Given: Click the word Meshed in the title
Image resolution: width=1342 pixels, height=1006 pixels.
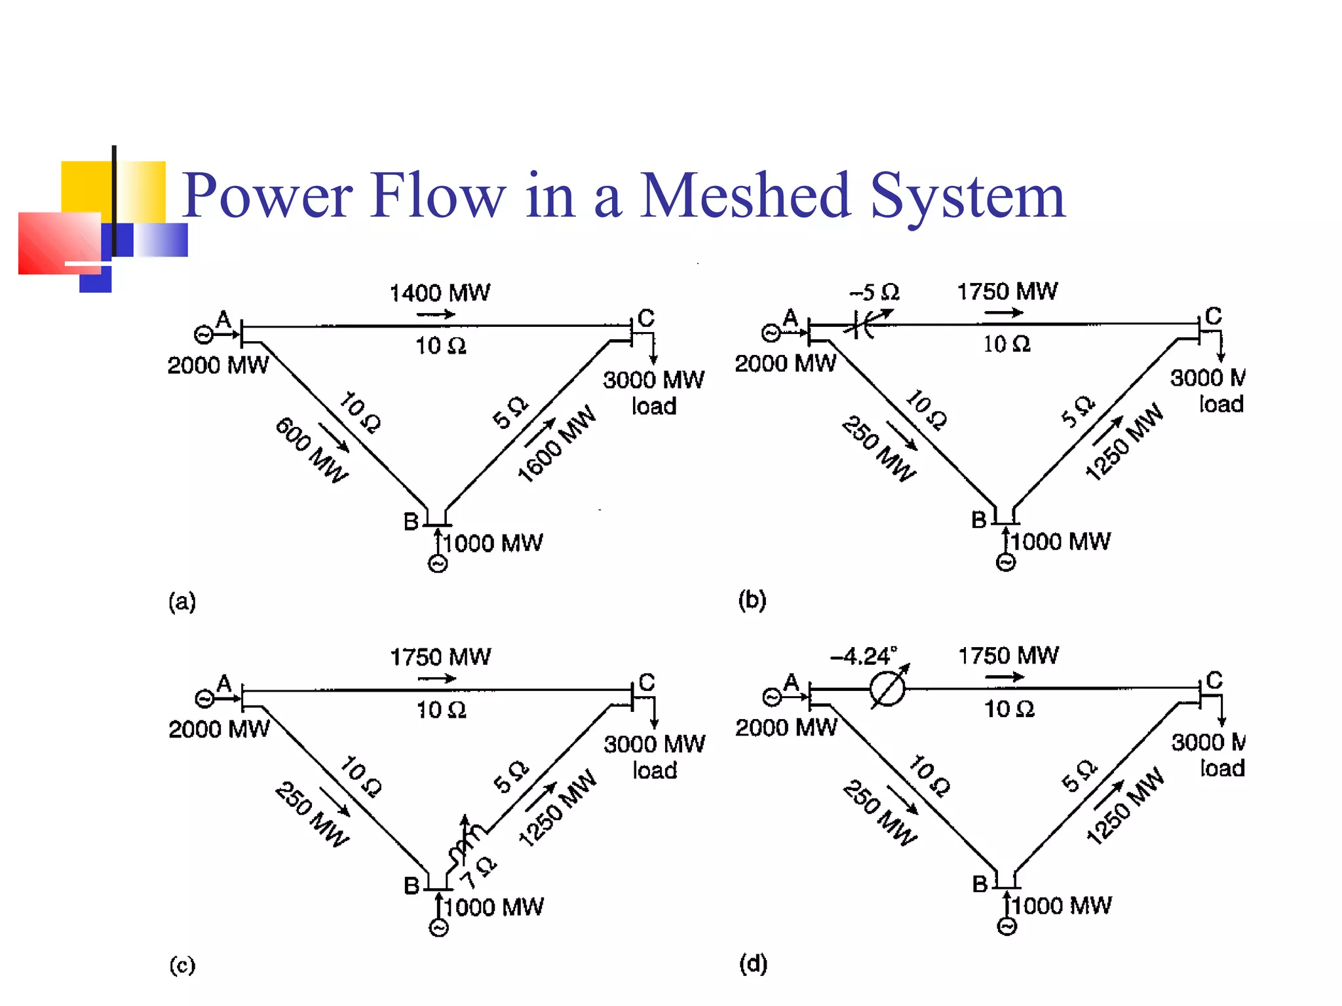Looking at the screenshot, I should point(745,195).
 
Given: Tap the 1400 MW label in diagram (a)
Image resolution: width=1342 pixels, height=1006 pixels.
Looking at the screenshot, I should point(440,293).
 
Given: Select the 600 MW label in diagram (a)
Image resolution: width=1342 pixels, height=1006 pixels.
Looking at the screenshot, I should point(311,450).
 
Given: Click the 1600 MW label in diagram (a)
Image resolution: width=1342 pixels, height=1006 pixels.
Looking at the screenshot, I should point(557,443).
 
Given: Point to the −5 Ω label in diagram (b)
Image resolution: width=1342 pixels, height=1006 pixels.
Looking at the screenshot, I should point(875,292).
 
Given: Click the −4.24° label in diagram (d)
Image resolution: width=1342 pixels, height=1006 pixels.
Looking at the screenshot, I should point(863,656).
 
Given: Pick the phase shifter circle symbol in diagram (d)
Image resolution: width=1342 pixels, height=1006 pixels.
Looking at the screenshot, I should point(888,689).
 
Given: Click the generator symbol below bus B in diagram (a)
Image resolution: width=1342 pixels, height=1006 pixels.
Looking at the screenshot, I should point(438,563).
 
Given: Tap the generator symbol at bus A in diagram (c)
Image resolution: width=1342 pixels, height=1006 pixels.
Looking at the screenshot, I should point(204,699).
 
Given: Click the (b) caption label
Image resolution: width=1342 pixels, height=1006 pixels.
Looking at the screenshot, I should point(752,600).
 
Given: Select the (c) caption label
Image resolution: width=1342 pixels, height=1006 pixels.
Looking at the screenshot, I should point(182,965).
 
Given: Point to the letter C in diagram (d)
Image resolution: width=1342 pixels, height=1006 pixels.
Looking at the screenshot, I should point(1214,680).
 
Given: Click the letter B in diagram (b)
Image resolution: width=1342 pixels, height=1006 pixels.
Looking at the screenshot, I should point(979,520).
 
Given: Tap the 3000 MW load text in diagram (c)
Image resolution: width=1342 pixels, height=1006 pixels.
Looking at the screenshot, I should point(654,756).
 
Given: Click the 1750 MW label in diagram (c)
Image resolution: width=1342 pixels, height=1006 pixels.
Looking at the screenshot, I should point(440,657).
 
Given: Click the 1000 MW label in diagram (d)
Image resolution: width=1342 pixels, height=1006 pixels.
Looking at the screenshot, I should point(1062,906).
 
